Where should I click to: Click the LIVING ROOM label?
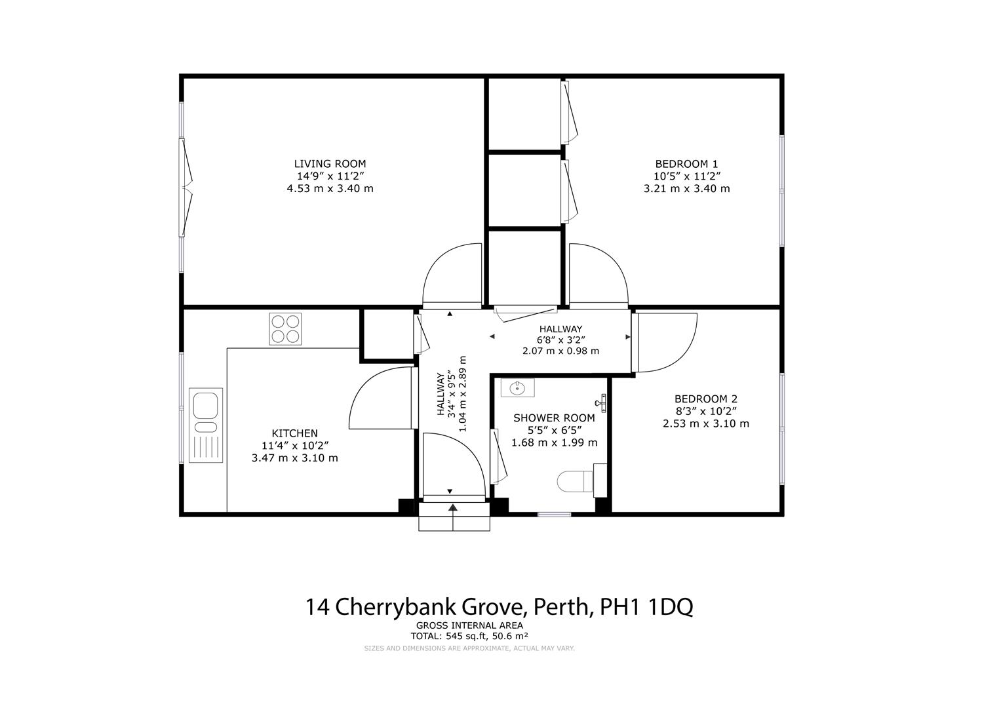click(330, 164)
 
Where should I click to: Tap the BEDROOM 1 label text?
click(686, 164)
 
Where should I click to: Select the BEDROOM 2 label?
click(705, 399)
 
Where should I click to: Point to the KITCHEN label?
click(294, 433)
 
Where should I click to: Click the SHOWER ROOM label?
click(554, 418)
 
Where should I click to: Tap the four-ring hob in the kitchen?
click(285, 329)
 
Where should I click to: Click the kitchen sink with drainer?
click(206, 425)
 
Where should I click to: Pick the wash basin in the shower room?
click(517, 388)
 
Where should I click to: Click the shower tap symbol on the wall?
click(602, 403)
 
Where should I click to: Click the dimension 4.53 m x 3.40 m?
click(330, 189)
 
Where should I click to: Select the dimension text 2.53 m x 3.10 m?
click(705, 423)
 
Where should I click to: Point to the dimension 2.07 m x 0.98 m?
click(560, 351)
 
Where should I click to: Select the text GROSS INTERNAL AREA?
click(469, 626)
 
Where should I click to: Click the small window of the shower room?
click(554, 515)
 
